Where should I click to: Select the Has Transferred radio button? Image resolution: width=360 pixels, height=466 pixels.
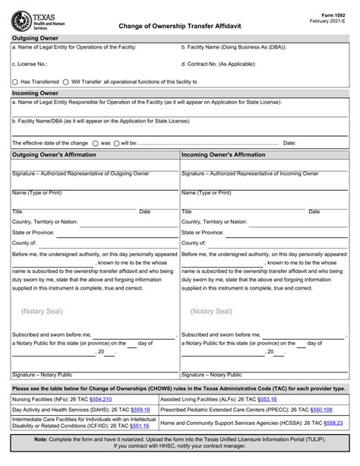tap(15, 81)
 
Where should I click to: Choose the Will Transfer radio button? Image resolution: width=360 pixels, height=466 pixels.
tap(65, 81)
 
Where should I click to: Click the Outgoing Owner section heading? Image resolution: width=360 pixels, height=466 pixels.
tap(35, 36)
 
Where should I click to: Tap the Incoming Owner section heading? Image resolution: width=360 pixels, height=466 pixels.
tap(35, 92)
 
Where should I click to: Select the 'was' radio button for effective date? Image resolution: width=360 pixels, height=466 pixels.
tap(95, 142)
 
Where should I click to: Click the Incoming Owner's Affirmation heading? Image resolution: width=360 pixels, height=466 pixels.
tap(223, 154)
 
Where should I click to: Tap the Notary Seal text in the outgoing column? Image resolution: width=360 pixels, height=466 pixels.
tap(42, 311)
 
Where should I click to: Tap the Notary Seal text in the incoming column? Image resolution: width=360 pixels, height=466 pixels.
tap(211, 311)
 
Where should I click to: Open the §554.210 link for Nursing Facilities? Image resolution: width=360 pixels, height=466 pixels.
tap(100, 398)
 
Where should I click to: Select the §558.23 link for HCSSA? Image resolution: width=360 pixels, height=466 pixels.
tap(333, 422)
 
